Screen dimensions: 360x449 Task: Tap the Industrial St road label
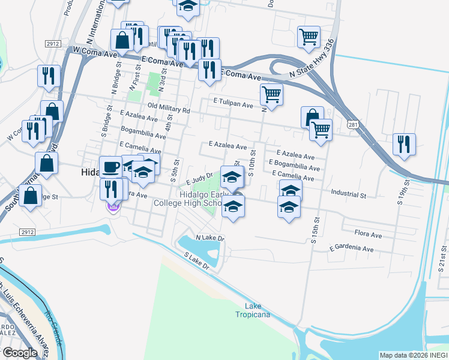[x=348, y=195]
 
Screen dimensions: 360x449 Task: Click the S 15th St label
[x=315, y=224]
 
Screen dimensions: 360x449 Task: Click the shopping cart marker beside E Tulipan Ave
[x=271, y=94]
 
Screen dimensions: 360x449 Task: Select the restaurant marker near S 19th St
[x=404, y=144]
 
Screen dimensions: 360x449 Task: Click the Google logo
[x=20, y=353]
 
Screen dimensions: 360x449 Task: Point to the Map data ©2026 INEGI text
[x=414, y=355]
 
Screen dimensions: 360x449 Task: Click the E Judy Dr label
[x=200, y=178]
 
